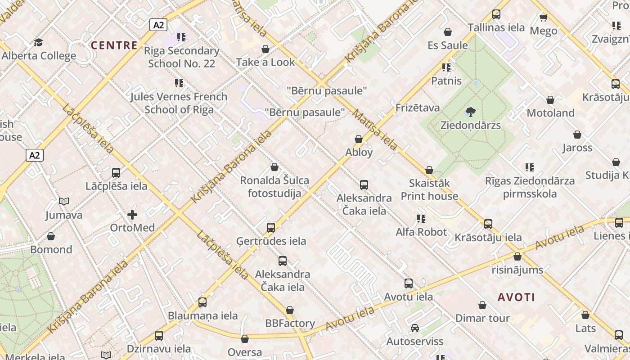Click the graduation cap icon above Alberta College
38,42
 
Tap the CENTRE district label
114,45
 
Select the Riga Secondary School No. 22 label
181,57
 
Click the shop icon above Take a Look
265,49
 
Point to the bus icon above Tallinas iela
496,14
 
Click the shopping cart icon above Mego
543,18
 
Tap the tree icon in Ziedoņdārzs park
471,111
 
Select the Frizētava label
417,108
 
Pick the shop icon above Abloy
359,139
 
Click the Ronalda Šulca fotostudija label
274,187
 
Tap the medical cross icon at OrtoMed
132,215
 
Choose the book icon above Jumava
64,202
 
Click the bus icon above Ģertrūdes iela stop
271,228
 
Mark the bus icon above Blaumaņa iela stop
202,302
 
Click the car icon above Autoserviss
415,328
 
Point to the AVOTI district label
516,297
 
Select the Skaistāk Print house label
429,189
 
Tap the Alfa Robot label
421,232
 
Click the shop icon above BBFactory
290,310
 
